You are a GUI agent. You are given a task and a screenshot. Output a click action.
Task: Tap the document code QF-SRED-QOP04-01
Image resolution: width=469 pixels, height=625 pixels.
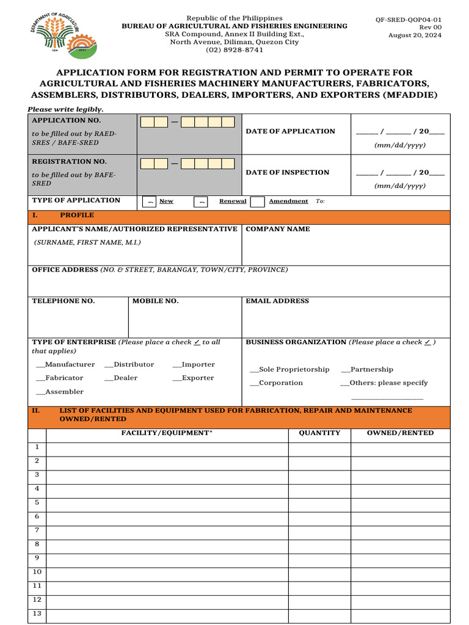409,20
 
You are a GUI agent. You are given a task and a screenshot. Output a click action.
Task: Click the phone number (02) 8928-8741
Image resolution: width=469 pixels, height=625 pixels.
234,50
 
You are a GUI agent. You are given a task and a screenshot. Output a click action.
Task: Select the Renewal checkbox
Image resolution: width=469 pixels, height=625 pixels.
202,201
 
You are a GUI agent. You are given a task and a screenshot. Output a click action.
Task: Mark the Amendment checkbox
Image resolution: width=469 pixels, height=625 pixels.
258,201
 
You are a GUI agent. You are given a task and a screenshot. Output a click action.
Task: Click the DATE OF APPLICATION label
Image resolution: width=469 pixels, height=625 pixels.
290,131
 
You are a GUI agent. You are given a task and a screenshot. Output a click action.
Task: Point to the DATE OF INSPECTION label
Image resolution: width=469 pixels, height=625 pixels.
287,173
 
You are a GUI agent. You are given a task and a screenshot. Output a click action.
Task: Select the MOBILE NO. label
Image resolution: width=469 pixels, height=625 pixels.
156,301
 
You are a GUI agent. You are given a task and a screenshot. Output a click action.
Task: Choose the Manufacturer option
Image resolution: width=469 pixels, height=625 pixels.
66,364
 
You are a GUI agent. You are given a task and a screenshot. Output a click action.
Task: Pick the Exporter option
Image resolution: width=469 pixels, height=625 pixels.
194,378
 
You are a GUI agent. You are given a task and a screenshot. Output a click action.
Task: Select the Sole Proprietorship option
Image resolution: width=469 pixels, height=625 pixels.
290,369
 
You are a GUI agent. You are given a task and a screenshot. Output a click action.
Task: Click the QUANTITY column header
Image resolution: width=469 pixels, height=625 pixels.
319,433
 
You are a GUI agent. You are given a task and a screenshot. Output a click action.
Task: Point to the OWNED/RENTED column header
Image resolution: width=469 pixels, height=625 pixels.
400,433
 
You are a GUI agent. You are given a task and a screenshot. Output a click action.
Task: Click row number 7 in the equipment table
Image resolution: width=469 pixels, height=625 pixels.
37,530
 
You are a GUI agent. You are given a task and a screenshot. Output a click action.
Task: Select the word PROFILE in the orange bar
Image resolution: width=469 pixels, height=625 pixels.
77,215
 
